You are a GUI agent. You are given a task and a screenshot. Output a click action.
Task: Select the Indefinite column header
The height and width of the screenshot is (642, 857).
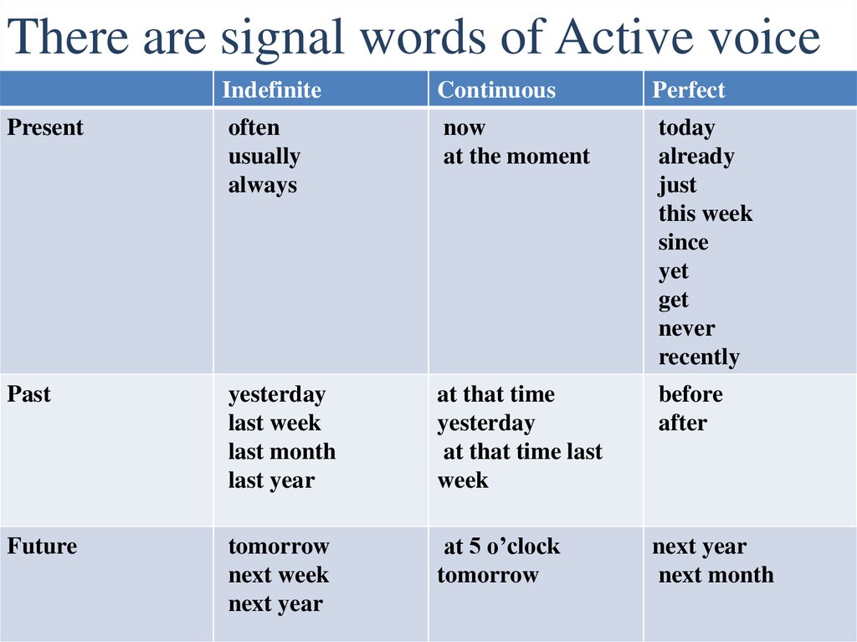tap(271, 90)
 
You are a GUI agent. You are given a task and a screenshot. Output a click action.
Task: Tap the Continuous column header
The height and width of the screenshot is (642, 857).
tap(496, 90)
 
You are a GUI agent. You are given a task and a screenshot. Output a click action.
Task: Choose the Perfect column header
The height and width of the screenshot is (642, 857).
tap(689, 90)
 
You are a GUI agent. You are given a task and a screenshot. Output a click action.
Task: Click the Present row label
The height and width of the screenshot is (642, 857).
tap(45, 128)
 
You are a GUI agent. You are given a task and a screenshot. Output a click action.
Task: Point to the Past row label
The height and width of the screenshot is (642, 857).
tap(29, 394)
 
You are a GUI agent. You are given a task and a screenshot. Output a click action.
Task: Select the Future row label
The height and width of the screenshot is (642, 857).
tap(42, 547)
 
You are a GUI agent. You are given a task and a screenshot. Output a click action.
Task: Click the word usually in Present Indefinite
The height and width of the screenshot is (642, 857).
tap(264, 157)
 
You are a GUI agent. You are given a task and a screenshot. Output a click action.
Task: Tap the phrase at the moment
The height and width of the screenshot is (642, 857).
tap(516, 157)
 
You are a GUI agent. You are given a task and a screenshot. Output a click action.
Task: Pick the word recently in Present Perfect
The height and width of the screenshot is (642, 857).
tap(699, 357)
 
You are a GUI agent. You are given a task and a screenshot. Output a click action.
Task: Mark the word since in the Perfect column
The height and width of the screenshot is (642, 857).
tap(683, 243)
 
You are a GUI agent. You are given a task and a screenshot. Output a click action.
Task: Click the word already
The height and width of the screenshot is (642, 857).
tap(695, 157)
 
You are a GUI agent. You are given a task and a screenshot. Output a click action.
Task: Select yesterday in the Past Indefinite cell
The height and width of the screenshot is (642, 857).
tap(277, 394)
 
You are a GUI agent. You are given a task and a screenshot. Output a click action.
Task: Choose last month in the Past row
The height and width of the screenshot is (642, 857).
tap(282, 452)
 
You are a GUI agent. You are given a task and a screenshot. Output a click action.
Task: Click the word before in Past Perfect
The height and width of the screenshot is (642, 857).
tap(690, 394)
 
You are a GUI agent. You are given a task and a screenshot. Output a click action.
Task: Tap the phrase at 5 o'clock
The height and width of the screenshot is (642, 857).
tap(501, 547)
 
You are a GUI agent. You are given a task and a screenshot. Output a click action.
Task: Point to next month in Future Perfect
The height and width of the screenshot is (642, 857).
tap(716, 575)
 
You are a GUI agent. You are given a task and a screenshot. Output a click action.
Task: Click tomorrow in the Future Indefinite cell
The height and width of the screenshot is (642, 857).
tap(279, 547)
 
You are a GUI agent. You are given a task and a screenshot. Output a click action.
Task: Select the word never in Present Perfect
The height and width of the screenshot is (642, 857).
tap(686, 329)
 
